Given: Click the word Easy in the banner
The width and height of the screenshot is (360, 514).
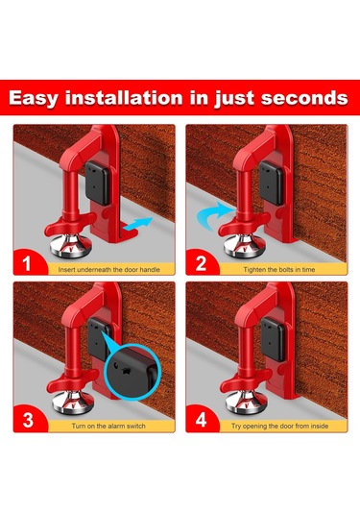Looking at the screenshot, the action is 33,98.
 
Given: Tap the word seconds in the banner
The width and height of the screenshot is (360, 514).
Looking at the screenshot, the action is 304,98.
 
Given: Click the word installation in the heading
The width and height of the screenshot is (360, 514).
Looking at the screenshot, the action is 124,98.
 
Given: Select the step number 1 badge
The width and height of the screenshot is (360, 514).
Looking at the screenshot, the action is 27,263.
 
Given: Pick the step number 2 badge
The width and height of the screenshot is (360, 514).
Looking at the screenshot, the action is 201,263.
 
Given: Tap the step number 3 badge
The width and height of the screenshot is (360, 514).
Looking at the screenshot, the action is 28,420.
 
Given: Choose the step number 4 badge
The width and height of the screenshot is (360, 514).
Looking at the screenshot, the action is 201,420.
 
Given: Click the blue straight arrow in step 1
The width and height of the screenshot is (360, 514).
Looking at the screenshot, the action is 138,224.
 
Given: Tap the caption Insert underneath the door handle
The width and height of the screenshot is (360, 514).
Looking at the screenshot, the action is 109,270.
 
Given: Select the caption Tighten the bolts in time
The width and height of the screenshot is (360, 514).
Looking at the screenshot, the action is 279,270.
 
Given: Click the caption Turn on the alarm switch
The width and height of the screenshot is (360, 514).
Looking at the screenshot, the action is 108,427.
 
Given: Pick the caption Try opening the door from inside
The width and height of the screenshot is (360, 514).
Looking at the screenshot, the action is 279,427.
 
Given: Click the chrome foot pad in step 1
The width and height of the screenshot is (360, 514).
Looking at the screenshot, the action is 71,247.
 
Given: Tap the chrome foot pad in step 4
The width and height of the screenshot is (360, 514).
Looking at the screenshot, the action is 245,403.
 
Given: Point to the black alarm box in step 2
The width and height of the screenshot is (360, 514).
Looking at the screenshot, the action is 271,183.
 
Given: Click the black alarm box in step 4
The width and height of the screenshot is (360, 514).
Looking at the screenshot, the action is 273,339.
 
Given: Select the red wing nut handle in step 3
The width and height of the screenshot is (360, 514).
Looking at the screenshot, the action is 72,381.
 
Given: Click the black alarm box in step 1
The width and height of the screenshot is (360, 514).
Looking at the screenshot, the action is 97,183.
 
